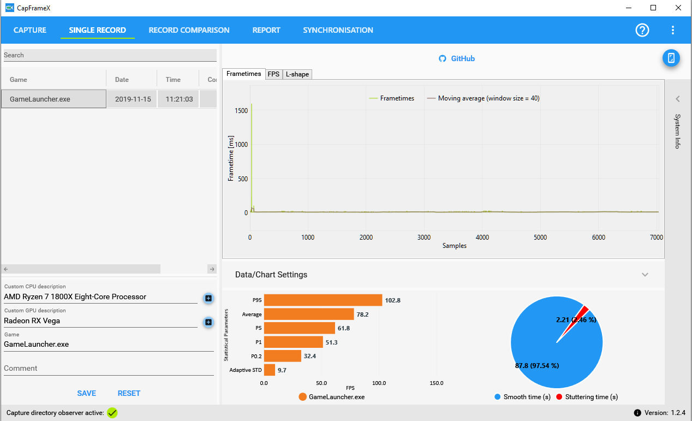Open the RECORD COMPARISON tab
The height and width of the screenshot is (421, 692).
[x=189, y=30]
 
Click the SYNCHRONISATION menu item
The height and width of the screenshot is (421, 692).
[x=338, y=30]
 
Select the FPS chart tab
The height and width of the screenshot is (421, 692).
[x=273, y=74]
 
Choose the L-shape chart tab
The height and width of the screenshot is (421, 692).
[x=297, y=74]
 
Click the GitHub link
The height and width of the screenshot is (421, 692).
[x=457, y=58]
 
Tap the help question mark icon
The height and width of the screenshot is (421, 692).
[x=642, y=30]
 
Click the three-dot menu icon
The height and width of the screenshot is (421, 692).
[x=673, y=30]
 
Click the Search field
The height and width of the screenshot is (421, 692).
[x=110, y=55]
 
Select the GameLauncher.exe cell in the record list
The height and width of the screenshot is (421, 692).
[x=53, y=99]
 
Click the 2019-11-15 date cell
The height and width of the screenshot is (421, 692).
[x=133, y=99]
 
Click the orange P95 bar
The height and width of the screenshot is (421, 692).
[x=323, y=300]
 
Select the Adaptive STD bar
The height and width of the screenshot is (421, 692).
[x=270, y=370]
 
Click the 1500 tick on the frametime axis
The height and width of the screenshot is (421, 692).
[x=241, y=111]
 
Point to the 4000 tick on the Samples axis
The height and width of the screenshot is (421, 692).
[x=482, y=237]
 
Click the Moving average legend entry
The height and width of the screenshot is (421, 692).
[x=483, y=98]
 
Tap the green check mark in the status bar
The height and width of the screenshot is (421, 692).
[x=112, y=413]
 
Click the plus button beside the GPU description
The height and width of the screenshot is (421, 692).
[x=208, y=322]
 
